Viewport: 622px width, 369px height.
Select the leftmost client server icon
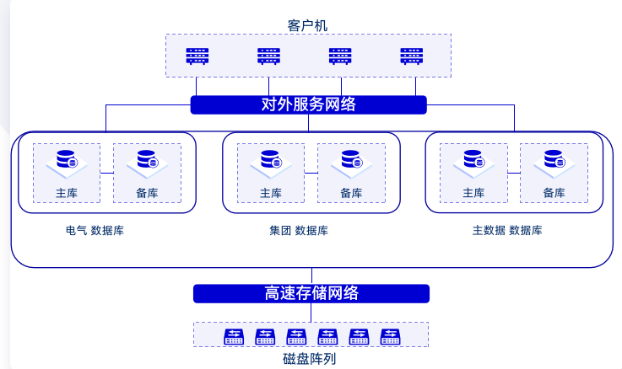click(197, 56)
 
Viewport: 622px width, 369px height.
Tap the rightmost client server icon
click(412, 56)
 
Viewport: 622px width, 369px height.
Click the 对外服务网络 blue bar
click(308, 104)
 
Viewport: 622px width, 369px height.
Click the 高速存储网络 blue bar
click(311, 293)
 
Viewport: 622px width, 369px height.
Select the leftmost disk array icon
click(234, 336)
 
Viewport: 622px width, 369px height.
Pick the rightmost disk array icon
click(389, 336)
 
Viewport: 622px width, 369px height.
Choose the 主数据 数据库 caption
click(507, 230)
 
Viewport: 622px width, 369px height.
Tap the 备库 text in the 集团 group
click(351, 193)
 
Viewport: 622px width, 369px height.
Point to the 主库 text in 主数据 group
click(473, 193)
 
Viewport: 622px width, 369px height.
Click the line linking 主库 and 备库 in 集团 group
click(311, 173)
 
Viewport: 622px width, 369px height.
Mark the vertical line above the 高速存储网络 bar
click(311, 276)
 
